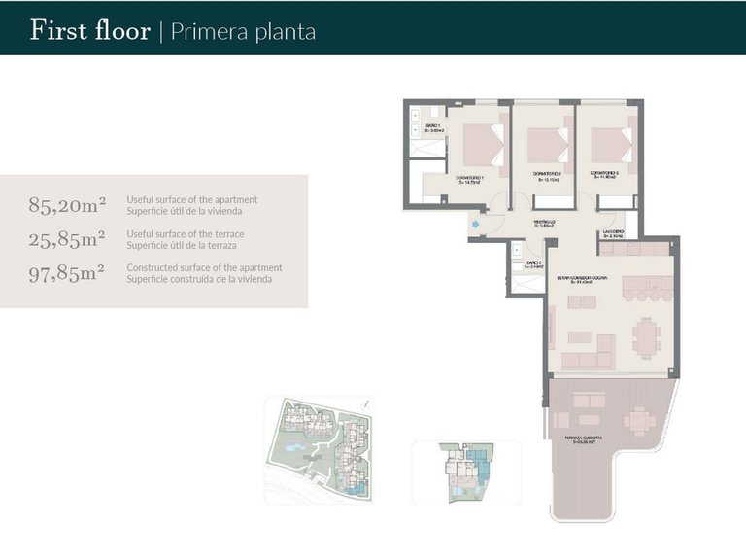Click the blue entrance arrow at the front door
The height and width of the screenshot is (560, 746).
pos(474,227)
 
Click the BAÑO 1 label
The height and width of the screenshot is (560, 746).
pos(433,128)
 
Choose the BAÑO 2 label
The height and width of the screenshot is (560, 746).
pos(532,264)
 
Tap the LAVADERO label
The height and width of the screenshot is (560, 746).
pos(613,232)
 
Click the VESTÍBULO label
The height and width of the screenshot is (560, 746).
pos(544,224)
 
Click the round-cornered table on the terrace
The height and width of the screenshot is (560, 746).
pos(637,420)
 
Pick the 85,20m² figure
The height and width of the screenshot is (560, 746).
pos(67,205)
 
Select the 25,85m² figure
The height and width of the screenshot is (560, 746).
pos(67,239)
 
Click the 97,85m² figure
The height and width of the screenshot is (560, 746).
pos(67,273)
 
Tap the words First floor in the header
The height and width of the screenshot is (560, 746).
pos(89,30)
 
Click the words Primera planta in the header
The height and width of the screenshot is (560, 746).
pos(243,31)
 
